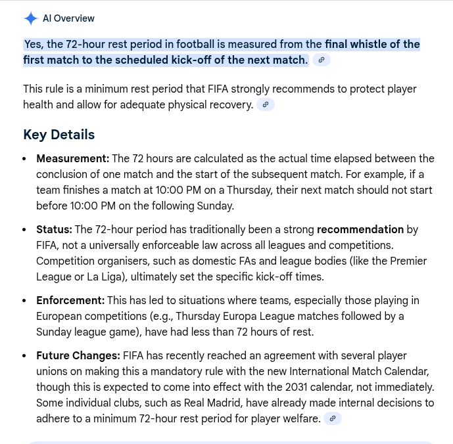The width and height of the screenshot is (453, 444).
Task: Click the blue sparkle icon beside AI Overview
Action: (x=30, y=19)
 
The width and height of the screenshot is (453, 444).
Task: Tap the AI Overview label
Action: (x=68, y=19)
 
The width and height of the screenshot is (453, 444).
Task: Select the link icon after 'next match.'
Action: (x=322, y=60)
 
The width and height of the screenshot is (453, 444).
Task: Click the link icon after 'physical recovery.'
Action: (x=266, y=105)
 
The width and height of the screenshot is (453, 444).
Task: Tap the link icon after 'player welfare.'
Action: (x=333, y=419)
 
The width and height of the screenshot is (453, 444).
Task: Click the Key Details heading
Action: (x=59, y=135)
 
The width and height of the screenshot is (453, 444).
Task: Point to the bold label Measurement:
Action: (x=72, y=159)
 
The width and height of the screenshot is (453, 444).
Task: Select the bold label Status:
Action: (x=54, y=230)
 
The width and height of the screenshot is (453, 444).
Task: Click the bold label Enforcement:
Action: (x=70, y=301)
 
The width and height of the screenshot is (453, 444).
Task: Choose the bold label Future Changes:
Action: (x=78, y=356)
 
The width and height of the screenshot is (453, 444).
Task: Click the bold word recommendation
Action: (x=360, y=230)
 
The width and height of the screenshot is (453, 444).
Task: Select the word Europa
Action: (x=247, y=317)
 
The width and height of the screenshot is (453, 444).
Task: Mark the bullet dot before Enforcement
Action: (x=24, y=301)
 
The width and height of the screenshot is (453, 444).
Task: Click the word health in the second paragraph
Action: (x=38, y=105)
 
